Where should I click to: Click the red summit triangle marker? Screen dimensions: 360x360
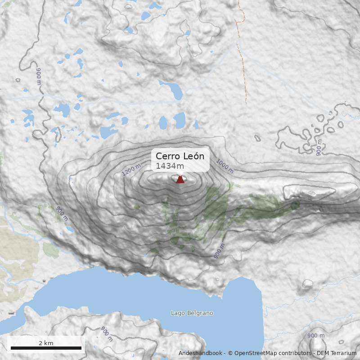click(180, 179)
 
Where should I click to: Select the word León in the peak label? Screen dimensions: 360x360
click(193, 156)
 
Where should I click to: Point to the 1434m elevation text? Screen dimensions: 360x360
click(170, 166)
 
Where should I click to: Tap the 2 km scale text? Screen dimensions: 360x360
click(46, 343)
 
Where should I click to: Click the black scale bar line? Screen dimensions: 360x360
click(46, 348)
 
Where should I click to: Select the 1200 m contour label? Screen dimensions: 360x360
click(131, 170)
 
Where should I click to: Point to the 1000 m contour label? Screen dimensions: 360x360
click(225, 166)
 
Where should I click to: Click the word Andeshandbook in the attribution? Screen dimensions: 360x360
click(201, 353)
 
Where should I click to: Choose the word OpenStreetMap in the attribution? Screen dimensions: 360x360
click(252, 353)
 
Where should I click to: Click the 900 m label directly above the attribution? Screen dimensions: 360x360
click(316, 336)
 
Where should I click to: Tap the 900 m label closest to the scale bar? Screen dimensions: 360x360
click(107, 333)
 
